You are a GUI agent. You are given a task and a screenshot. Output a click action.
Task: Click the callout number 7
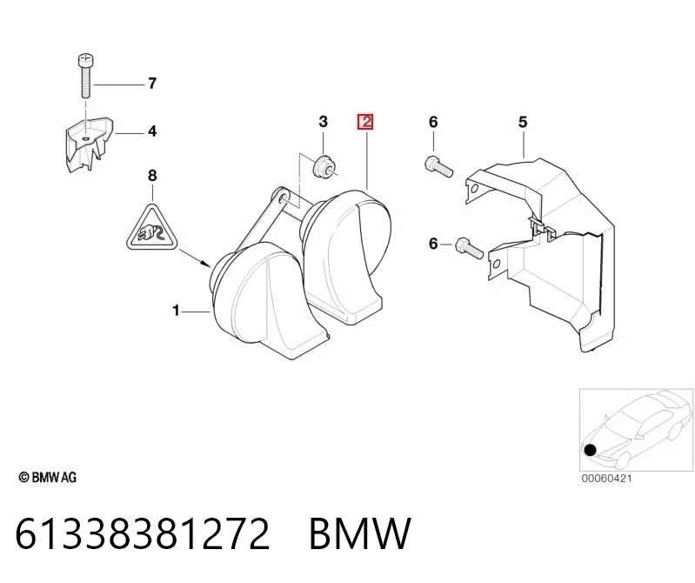(x=152, y=83)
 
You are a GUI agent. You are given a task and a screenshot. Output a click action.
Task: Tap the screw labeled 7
(x=85, y=76)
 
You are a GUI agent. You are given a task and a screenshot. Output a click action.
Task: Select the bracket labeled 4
(x=88, y=144)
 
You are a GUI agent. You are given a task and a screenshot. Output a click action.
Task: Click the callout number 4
(x=152, y=131)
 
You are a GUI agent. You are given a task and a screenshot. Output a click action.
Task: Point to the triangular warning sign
(x=151, y=228)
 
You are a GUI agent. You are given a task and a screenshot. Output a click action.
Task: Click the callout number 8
(x=152, y=176)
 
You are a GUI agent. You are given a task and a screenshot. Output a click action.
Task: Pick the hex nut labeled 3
(x=324, y=166)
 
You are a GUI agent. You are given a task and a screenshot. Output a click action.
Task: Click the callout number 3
(x=323, y=122)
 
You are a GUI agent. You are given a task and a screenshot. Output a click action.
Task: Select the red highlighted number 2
(x=365, y=122)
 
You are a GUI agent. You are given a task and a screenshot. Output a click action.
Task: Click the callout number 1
(x=176, y=311)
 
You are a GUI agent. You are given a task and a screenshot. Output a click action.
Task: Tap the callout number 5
(x=523, y=122)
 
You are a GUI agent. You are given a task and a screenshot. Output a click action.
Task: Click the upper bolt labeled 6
(x=438, y=167)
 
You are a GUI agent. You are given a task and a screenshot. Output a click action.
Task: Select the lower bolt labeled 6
(x=469, y=248)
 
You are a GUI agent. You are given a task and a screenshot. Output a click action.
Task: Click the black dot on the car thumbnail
(x=591, y=451)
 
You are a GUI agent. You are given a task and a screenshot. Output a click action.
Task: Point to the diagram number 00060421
(x=607, y=479)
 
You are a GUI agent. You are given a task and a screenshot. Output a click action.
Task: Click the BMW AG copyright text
(x=48, y=477)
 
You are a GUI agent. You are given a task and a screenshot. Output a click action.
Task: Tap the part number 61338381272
(x=143, y=533)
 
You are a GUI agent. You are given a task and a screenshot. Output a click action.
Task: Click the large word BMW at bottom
(x=360, y=533)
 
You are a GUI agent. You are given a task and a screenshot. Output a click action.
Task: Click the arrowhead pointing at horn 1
(x=206, y=265)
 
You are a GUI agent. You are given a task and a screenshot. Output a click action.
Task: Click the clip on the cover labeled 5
(x=543, y=229)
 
